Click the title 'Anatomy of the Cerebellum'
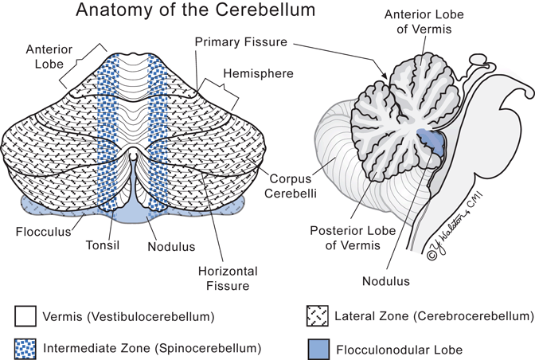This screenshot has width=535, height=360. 196,12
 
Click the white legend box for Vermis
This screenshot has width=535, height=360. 25,317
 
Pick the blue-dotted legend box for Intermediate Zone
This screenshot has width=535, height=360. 25,347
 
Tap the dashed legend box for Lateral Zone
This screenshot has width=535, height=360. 319,317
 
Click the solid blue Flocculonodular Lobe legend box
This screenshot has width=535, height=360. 319,347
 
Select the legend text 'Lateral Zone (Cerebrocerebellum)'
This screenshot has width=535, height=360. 435,317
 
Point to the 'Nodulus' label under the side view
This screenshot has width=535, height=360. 388,280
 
